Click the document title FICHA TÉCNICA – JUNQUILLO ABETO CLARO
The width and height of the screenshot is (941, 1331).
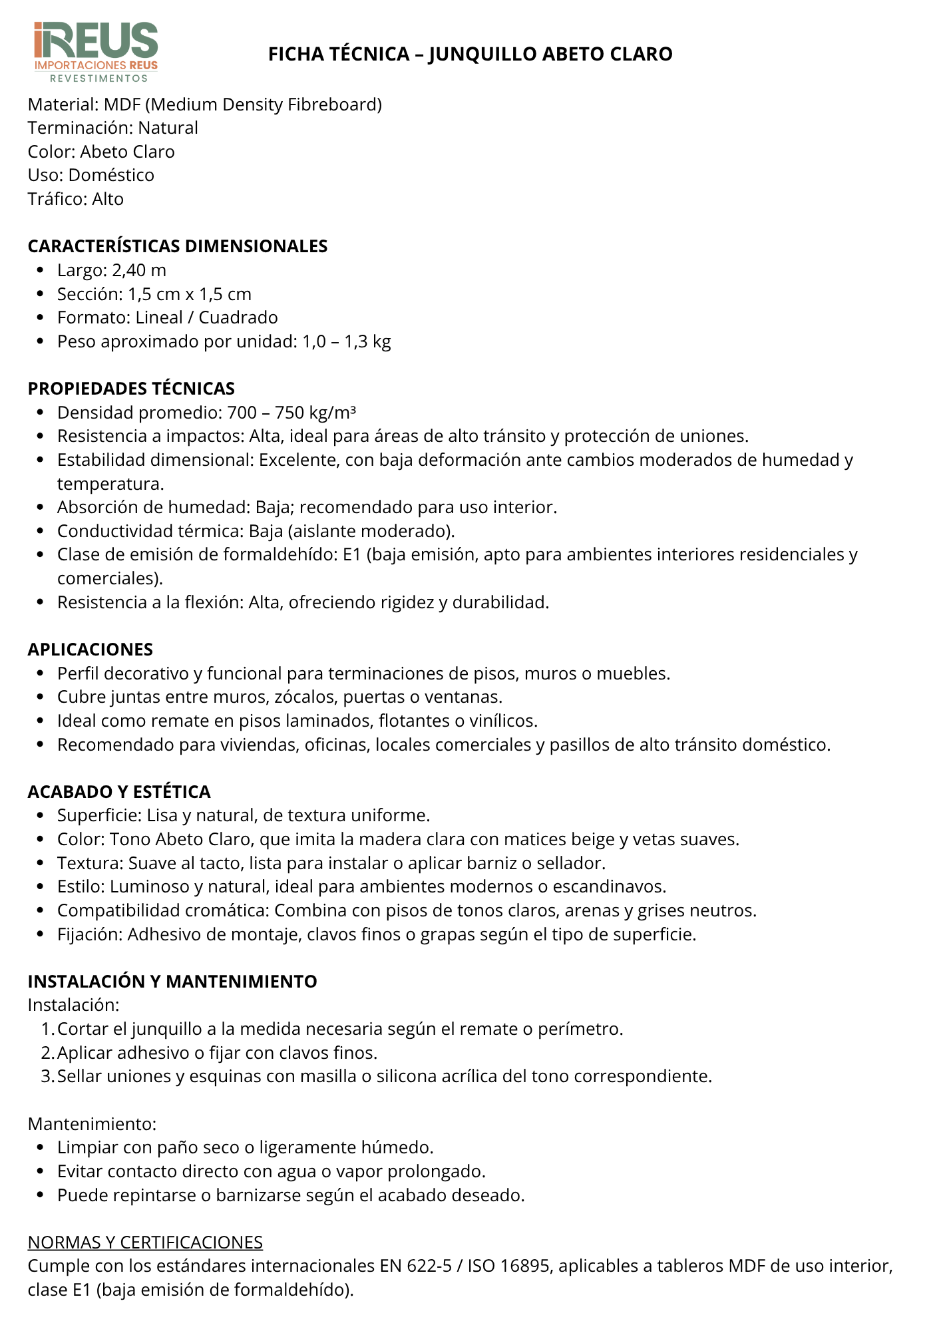pos(470,54)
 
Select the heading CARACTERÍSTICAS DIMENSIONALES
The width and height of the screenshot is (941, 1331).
pos(178,246)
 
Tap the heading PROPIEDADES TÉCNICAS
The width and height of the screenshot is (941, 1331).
pos(131,389)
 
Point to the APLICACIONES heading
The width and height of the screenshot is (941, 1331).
pos(91,650)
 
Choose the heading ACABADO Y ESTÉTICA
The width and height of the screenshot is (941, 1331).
pos(119,792)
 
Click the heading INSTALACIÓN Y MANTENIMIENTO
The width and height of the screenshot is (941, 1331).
pos(172,982)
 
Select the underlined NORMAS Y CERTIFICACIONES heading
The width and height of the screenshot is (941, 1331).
pos(145,1242)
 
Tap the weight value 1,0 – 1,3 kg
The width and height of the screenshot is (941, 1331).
pos(347,341)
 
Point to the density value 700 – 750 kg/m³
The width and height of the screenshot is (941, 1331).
pos(291,413)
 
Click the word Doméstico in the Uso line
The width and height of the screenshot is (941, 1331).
pos(111,175)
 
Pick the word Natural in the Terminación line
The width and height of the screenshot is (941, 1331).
pos(168,128)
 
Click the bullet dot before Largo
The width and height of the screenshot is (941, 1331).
pos(41,271)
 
